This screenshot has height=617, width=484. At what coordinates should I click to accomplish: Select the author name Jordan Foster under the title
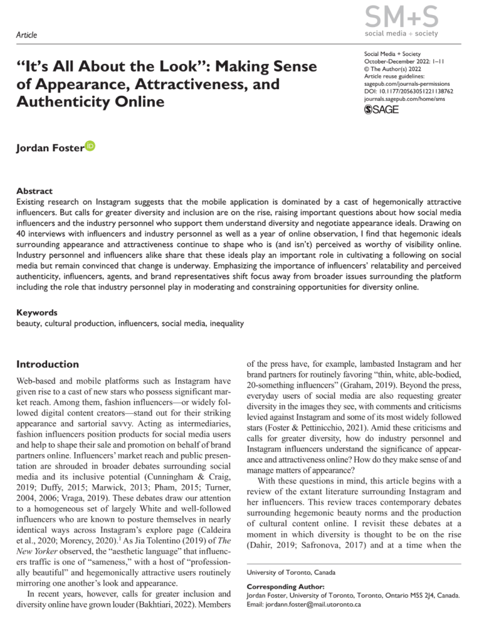pyautogui.click(x=50, y=148)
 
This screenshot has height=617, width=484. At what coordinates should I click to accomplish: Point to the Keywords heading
pyautogui.click(x=37, y=312)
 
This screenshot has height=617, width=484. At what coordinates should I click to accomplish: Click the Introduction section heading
pyautogui.click(x=47, y=364)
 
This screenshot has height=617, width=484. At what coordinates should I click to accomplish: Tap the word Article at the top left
pyautogui.click(x=27, y=35)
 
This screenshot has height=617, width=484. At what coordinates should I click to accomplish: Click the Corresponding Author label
pyautogui.click(x=286, y=586)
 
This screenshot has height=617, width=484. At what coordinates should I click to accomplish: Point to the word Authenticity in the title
pyautogui.click(x=56, y=101)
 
